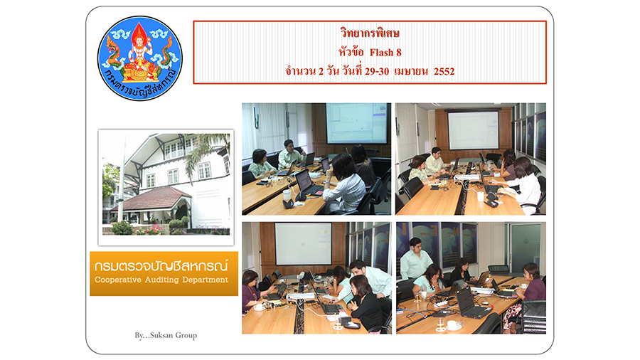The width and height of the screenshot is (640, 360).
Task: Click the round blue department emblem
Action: pos(140,58)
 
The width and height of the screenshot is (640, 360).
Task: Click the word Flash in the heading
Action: pos(381,53)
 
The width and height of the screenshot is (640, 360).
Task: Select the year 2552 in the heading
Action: pos(444,71)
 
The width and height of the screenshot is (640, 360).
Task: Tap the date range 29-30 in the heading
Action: pos(377,71)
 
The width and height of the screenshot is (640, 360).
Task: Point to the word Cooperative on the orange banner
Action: pos(118,280)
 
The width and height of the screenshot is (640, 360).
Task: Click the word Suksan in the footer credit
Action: pos(161,336)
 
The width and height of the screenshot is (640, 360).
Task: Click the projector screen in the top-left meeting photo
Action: pos(356,123)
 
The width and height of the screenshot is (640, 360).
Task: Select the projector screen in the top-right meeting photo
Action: pos(474,130)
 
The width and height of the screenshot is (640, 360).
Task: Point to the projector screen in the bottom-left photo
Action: pos(303,243)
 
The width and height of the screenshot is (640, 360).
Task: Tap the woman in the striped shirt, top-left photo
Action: pos(344,184)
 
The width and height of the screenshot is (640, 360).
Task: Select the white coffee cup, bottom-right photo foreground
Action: pos(453,325)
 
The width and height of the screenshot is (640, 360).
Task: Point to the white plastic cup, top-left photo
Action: pos(287,194)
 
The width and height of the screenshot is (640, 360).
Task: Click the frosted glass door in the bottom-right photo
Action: pos(526,248)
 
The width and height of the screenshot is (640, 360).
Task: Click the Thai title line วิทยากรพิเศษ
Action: pos(370,33)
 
